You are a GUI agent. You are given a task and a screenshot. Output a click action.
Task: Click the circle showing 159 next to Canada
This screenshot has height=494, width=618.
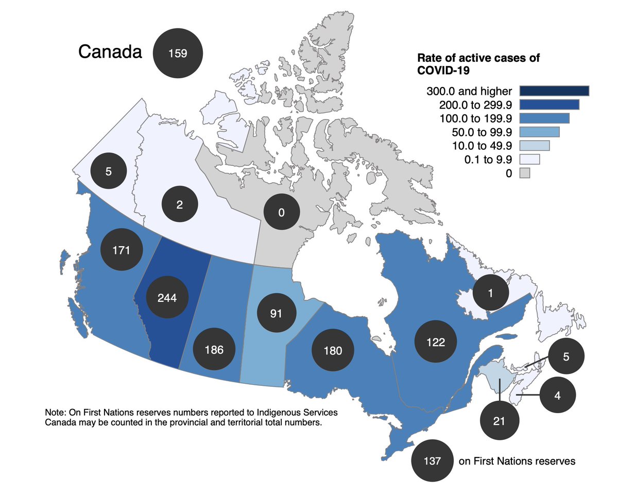177,53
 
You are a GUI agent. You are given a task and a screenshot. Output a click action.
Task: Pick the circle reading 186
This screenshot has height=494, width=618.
214,350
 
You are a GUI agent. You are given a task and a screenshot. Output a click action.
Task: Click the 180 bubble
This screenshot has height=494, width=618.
333,351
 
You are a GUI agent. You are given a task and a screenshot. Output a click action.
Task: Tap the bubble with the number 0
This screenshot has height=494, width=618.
281,212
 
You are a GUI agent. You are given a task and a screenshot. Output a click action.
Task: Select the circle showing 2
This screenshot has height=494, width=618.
179,205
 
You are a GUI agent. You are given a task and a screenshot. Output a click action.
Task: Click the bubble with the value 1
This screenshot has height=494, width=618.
490,293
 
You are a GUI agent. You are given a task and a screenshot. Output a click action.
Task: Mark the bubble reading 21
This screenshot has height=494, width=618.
499,421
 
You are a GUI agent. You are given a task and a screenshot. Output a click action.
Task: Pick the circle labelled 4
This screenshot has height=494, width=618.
557,395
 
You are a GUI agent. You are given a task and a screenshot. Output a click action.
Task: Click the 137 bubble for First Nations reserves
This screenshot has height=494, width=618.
432,461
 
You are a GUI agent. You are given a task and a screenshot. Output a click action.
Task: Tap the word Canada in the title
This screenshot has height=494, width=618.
110,52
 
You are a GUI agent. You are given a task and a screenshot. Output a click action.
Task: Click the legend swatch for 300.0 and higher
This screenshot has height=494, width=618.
554,91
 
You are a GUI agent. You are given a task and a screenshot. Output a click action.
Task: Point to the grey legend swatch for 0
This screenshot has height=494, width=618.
524,173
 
